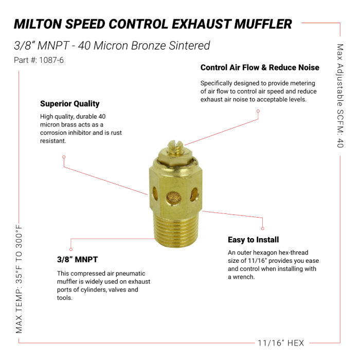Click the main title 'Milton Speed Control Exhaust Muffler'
coord(153,24)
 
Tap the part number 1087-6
coord(39,60)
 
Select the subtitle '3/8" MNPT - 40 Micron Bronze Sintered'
coord(112,45)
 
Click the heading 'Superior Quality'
coord(70,103)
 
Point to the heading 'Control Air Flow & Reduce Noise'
coord(260,67)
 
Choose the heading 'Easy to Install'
coord(254,240)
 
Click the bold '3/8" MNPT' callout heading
coord(77,259)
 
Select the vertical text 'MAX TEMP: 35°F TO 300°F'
coord(20,278)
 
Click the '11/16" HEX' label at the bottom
coord(281,343)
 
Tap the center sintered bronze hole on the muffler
coord(174,198)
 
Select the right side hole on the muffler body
coord(194,193)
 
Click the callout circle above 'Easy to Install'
coord(263,228)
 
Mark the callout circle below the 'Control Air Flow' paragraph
coord(258,111)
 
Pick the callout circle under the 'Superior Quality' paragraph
coord(63,157)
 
